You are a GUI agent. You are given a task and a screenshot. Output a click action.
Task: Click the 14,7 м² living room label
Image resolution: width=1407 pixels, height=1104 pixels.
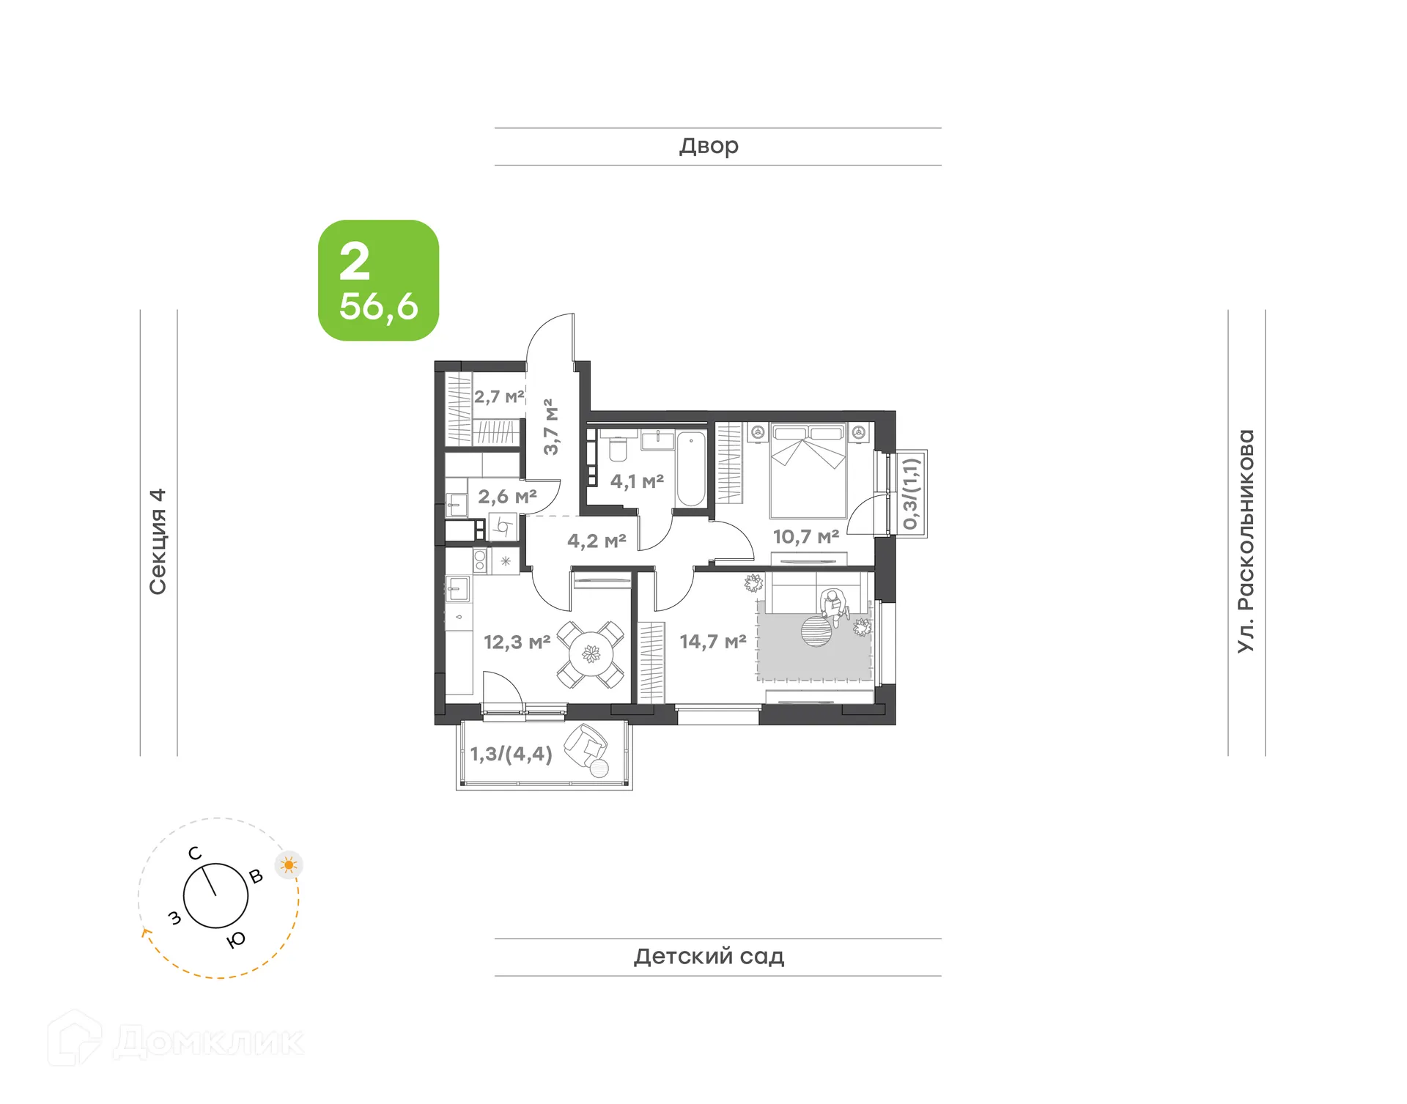[712, 642]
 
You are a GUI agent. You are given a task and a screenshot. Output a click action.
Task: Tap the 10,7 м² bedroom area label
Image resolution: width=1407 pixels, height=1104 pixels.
[805, 537]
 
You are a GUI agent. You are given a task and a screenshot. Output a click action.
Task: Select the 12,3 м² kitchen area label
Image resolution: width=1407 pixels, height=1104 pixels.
[517, 643]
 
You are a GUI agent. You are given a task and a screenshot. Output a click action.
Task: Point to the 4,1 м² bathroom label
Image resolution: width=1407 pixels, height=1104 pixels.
[637, 481]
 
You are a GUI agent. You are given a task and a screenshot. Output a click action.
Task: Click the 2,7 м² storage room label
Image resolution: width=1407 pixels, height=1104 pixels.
[499, 397]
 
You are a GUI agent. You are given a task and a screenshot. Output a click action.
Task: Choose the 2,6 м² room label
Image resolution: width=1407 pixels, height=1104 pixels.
[507, 497]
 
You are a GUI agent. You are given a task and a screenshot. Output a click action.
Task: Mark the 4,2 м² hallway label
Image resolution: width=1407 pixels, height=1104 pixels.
[597, 541]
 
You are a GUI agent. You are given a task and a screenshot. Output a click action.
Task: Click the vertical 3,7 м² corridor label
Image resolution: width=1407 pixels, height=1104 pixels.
[551, 426]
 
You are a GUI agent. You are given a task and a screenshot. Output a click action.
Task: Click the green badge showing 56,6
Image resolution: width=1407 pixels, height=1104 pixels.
[378, 281]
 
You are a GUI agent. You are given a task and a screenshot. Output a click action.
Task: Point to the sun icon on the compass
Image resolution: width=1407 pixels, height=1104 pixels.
[289, 865]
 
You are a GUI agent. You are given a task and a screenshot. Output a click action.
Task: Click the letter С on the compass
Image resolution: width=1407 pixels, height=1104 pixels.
[195, 853]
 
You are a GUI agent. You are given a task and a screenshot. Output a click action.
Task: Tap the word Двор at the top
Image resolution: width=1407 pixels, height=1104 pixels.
[709, 147]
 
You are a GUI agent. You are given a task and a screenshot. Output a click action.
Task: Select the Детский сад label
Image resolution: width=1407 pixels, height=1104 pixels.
[709, 957]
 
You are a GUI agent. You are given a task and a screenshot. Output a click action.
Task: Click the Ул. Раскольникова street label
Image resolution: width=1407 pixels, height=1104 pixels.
[1246, 541]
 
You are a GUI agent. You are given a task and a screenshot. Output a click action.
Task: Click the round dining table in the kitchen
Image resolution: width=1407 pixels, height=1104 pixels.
[590, 653]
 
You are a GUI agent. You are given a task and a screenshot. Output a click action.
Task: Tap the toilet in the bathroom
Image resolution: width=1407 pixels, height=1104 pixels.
[618, 448]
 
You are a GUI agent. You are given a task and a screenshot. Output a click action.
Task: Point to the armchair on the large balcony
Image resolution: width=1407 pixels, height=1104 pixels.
[586, 747]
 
